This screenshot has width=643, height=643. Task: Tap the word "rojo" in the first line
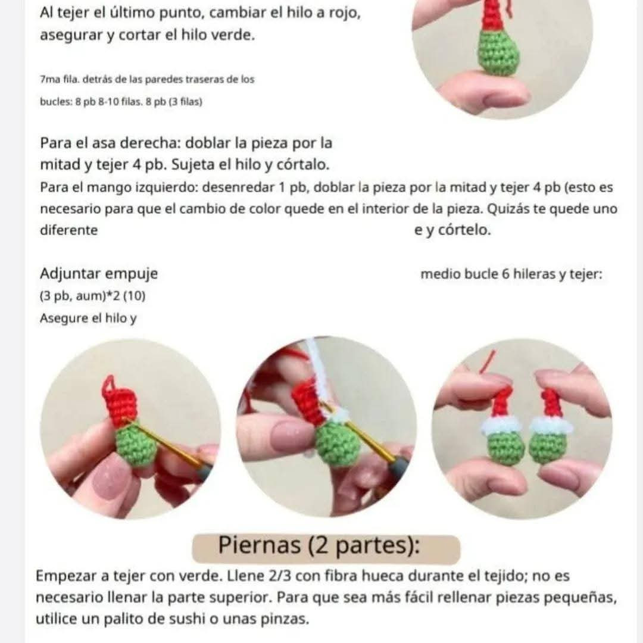(x=344, y=13)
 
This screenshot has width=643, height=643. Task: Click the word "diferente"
(x=68, y=230)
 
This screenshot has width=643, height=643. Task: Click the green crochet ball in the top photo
(x=498, y=53)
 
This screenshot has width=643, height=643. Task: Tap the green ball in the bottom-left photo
(x=136, y=448)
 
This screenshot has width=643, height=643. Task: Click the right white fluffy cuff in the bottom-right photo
(x=550, y=424)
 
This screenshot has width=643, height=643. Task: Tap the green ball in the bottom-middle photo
(x=337, y=444)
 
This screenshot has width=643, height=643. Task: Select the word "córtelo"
(x=464, y=230)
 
